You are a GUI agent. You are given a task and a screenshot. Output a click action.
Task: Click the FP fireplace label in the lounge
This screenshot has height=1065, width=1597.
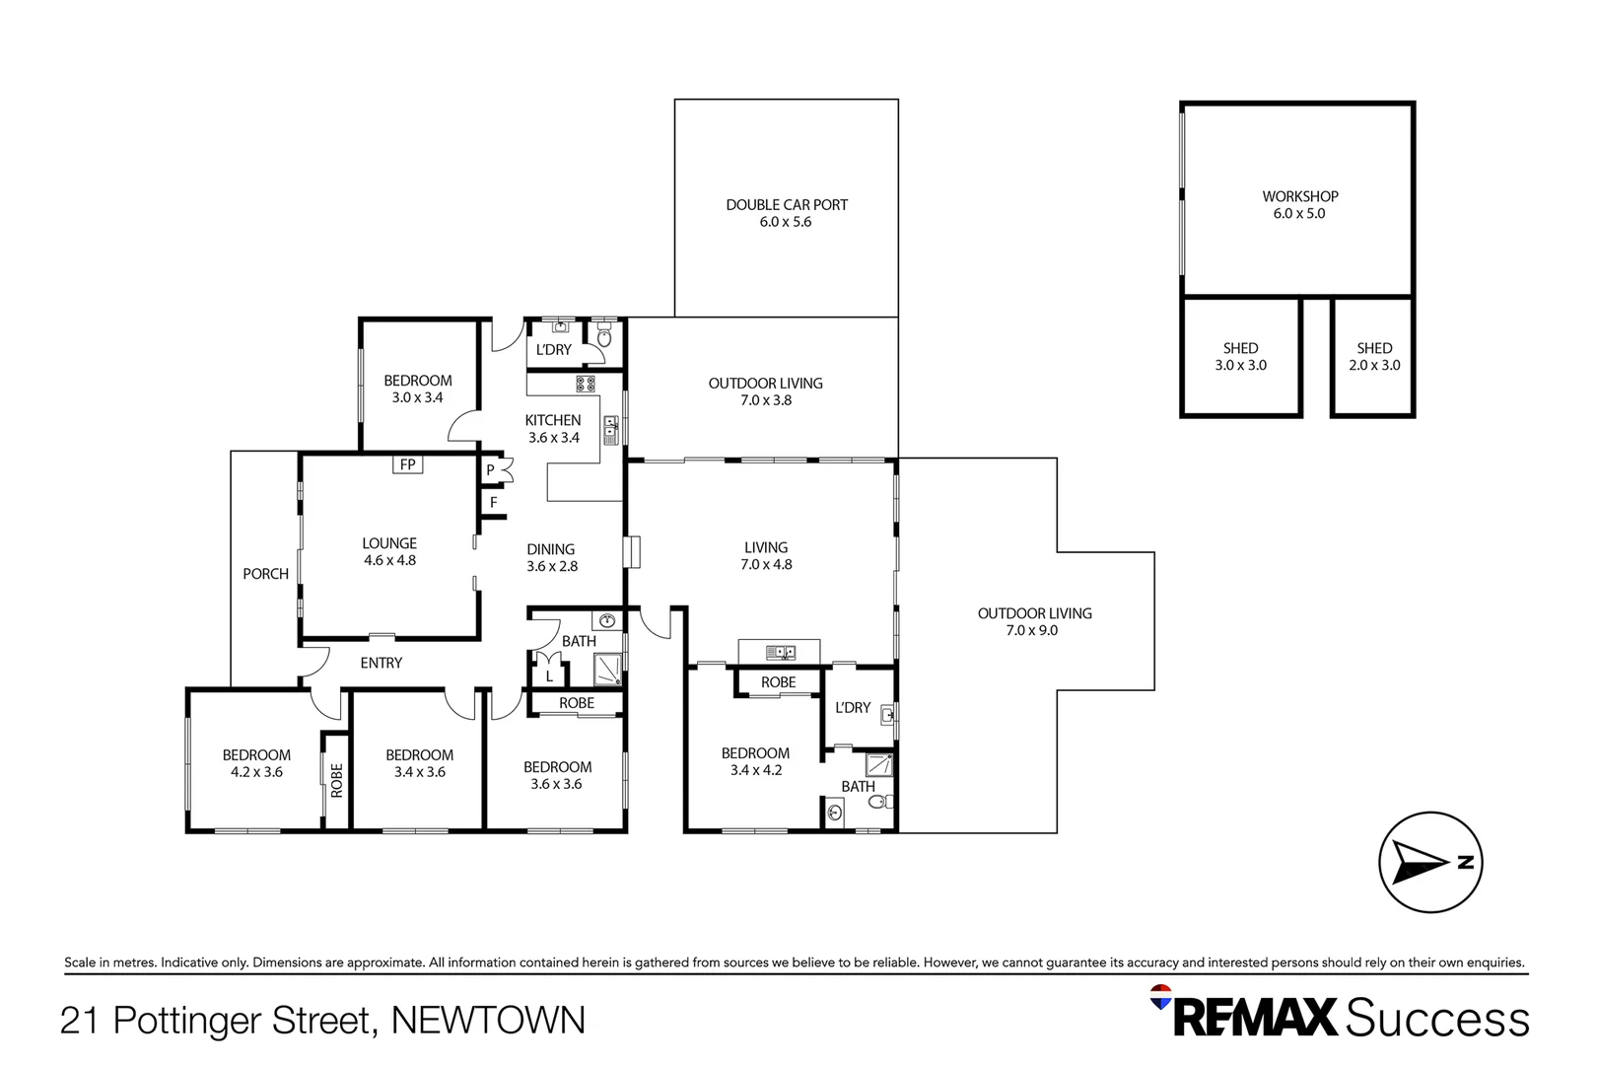(407, 464)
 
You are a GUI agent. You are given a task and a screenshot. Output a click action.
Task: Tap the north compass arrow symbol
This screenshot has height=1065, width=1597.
(1429, 862)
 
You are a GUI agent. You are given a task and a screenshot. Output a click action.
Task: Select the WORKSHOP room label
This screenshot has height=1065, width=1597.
(1299, 196)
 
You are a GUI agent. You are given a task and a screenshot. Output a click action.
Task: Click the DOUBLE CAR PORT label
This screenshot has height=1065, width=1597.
(787, 205)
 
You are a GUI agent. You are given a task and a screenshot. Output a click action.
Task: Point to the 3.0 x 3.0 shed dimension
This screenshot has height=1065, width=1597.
(1240, 365)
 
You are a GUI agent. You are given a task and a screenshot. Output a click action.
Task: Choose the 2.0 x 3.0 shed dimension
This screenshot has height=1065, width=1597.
(1374, 365)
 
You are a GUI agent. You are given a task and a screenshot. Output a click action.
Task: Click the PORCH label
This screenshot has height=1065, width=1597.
(266, 574)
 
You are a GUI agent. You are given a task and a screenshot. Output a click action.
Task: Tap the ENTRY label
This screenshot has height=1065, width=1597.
(382, 663)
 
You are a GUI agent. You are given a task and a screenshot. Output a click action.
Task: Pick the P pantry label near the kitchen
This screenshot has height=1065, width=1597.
(490, 470)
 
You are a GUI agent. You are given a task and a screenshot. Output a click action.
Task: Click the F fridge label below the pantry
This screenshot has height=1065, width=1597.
(494, 503)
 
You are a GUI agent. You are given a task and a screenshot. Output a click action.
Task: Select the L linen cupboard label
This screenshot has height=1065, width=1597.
(549, 676)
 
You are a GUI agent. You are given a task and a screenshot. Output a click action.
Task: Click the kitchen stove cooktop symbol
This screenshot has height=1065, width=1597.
(586, 385)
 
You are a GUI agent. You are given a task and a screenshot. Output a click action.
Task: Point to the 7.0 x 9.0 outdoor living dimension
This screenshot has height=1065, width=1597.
(1031, 630)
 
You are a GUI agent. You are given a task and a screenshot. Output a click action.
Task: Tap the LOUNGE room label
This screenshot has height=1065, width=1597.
(389, 543)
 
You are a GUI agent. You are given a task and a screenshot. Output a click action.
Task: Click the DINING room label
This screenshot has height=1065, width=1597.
(551, 549)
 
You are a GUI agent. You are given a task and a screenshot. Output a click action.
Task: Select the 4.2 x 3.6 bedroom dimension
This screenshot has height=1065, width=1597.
(256, 772)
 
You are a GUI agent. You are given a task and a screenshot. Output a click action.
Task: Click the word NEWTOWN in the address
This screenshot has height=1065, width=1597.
(488, 1020)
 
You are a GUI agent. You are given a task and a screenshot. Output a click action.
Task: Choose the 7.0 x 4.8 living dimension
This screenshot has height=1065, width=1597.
(766, 564)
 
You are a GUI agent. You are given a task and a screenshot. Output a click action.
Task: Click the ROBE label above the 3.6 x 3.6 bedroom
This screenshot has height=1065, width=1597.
(577, 703)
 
